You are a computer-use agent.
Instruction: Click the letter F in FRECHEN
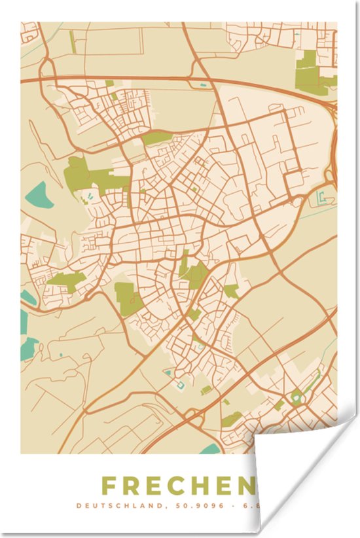point(111,486)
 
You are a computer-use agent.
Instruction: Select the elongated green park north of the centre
point(158,137)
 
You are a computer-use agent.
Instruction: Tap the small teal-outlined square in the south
point(179,384)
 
